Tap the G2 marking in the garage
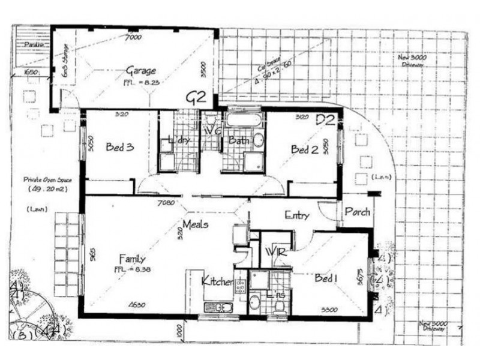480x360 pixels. coord(196,97)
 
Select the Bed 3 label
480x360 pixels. coord(119,146)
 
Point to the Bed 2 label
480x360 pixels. coord(304,149)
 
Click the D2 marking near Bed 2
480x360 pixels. coord(325,119)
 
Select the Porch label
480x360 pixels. coord(357,212)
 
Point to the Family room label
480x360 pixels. coord(131,259)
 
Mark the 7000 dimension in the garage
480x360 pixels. coord(133,37)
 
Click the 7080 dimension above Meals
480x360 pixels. coord(166,203)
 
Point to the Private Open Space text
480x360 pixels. coord(44,179)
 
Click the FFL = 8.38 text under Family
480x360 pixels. coord(132,269)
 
